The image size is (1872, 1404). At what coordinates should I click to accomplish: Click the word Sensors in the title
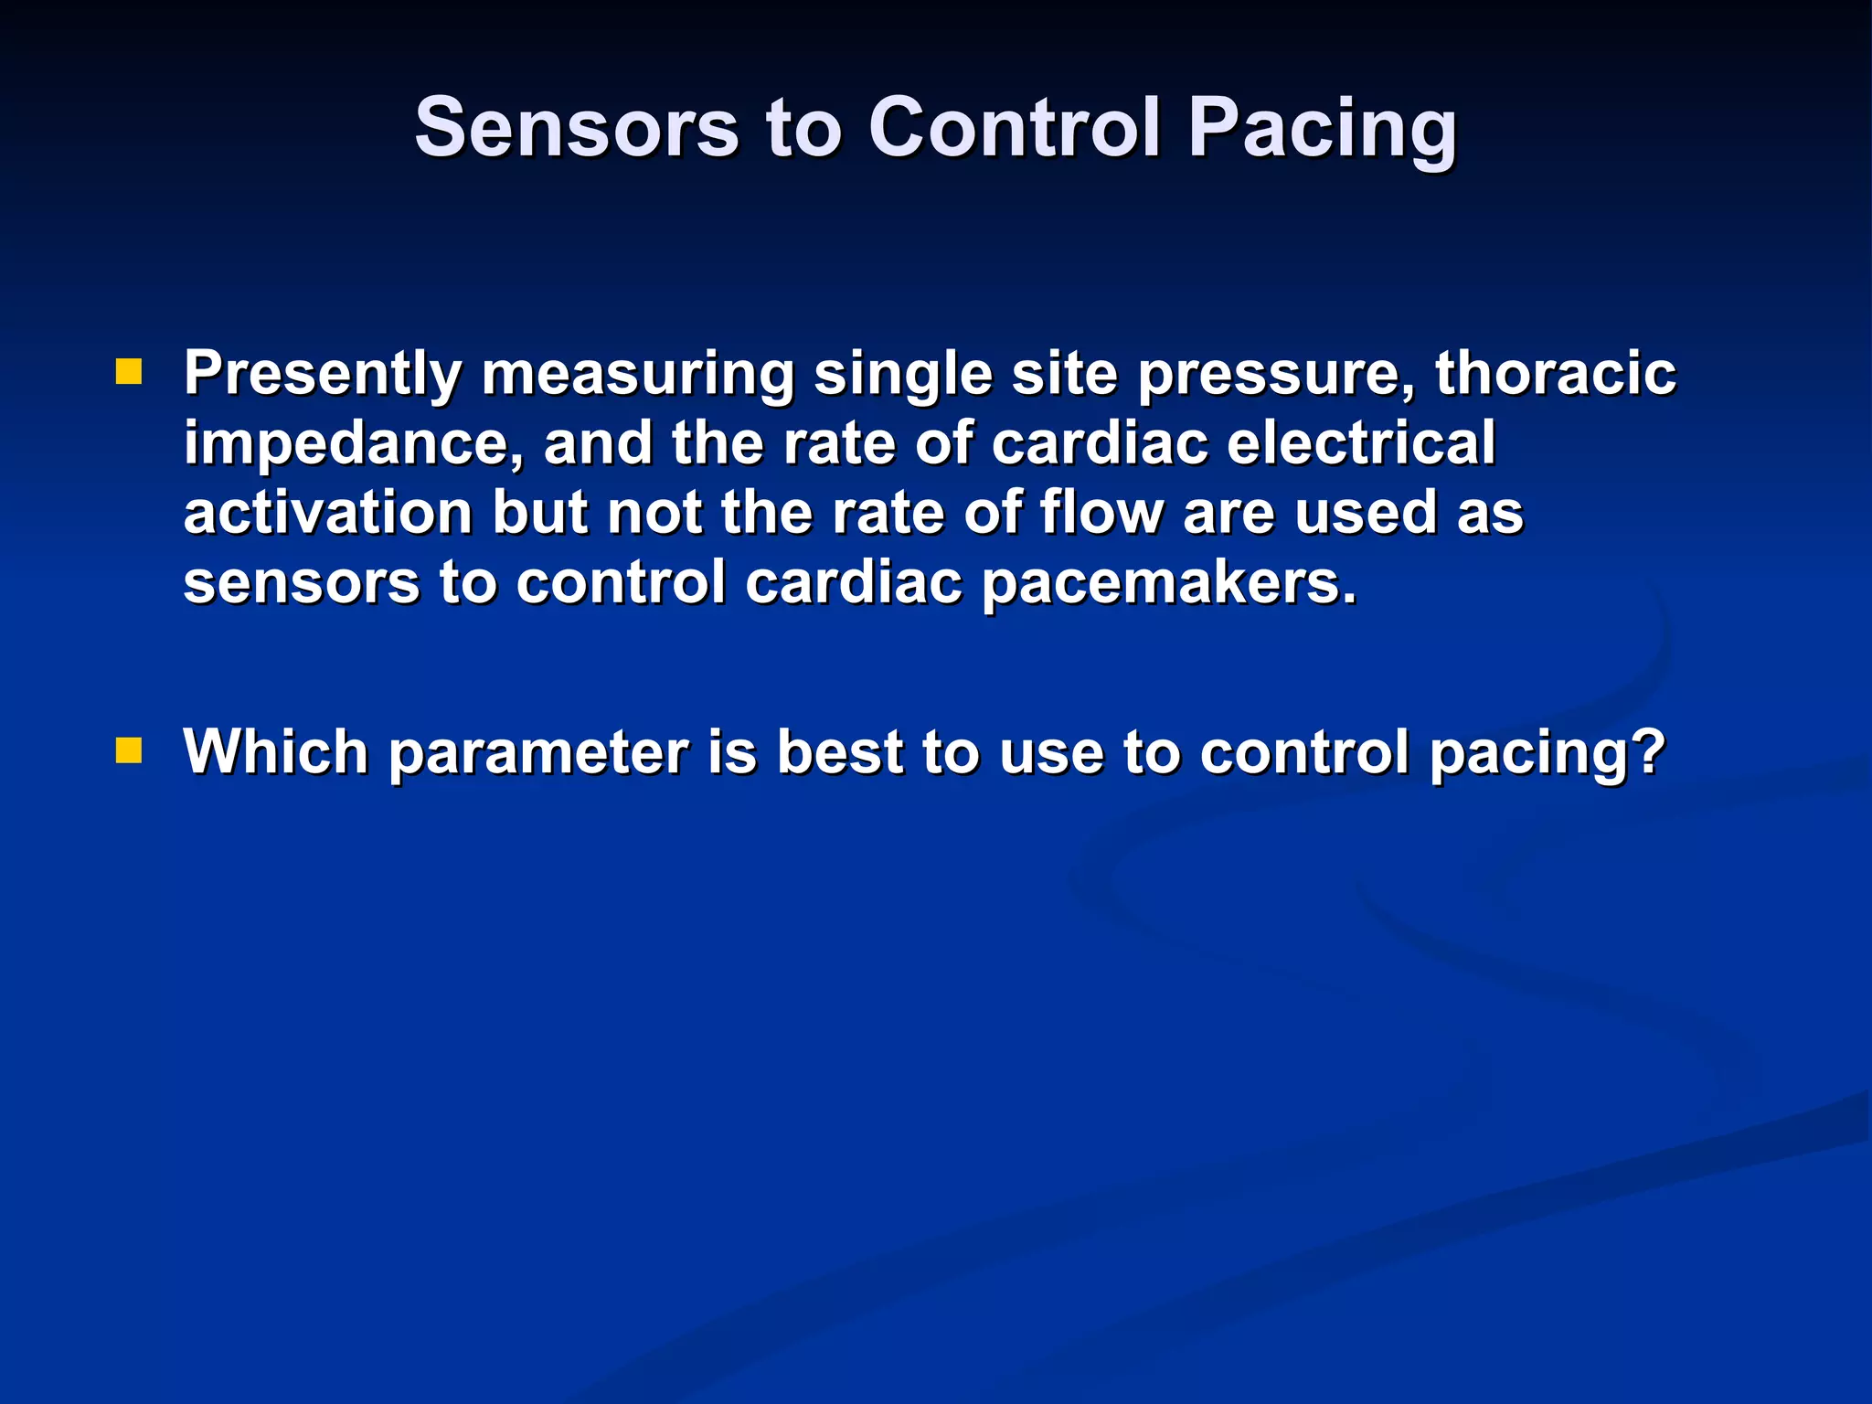(x=577, y=128)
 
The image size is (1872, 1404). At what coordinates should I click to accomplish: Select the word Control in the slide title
(x=1015, y=128)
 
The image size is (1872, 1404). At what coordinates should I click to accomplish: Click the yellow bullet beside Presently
(x=129, y=372)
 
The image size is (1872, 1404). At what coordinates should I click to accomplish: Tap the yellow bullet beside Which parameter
(x=129, y=751)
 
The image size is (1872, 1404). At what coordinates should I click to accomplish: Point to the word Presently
(x=323, y=375)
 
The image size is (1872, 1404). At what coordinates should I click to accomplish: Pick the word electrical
(x=1361, y=442)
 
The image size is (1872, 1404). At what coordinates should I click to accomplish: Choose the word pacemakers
(x=1170, y=582)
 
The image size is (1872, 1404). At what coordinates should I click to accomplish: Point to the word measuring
(x=637, y=375)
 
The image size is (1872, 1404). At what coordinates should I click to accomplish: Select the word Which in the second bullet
(x=275, y=752)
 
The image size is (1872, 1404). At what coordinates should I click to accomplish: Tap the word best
(x=839, y=752)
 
